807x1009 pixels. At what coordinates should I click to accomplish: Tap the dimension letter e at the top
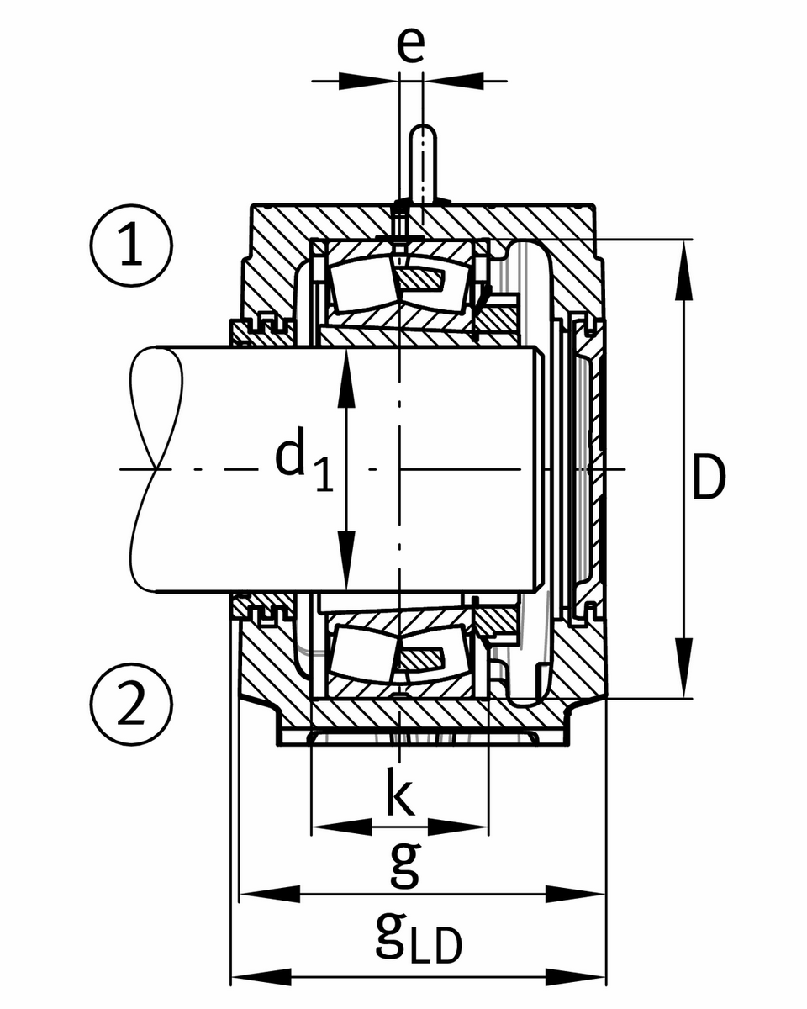410,46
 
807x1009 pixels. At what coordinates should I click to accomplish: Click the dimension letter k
401,792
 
